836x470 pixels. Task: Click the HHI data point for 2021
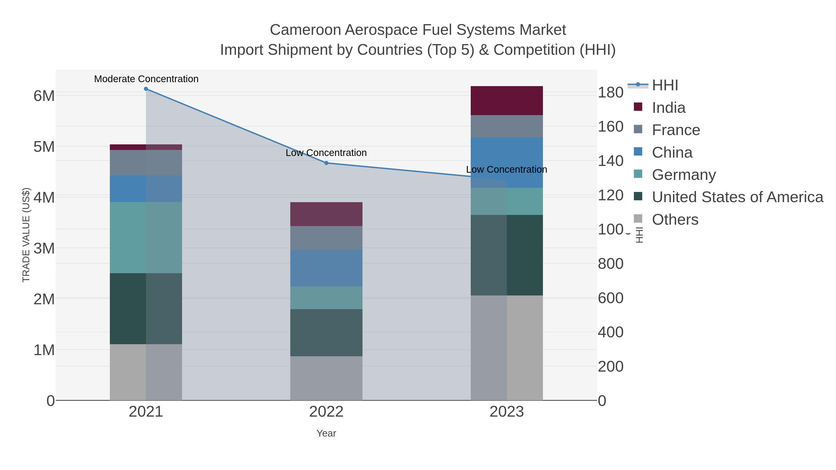point(146,89)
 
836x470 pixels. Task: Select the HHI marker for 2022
point(327,163)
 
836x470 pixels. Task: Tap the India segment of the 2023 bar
point(507,100)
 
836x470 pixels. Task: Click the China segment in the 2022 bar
point(326,268)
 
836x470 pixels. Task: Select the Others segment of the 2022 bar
point(326,378)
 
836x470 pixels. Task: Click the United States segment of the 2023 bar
point(507,255)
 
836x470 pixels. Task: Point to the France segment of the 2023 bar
point(507,126)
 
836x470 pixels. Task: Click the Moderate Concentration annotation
point(146,79)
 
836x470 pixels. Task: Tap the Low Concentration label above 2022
point(326,153)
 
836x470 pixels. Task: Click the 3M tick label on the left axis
point(44,248)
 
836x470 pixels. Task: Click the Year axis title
point(326,433)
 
